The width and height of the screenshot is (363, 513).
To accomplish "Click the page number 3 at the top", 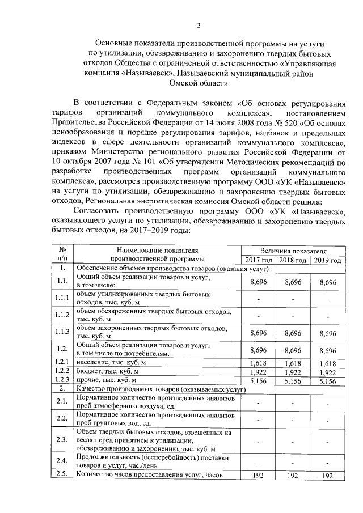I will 199,24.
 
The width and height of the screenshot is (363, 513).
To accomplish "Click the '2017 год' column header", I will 259,260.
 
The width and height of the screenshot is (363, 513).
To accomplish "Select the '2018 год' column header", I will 293,260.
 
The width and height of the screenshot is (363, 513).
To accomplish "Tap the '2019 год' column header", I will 328,260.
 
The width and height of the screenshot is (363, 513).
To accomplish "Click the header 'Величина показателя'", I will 293,250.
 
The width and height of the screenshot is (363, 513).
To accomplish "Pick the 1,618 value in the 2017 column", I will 259,362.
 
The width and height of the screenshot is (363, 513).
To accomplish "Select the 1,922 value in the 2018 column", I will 293,371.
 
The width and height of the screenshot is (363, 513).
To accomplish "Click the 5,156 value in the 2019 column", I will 328,381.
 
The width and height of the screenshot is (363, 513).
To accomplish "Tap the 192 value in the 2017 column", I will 259,476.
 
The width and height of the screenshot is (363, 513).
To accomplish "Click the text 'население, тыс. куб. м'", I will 112,362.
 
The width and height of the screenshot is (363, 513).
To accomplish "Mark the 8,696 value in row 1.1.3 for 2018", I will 293,332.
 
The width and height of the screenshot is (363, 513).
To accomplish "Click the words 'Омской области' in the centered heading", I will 199,83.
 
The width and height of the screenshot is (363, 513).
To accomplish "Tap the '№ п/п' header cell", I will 63,255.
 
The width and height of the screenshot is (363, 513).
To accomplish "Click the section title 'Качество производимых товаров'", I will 130,390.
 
